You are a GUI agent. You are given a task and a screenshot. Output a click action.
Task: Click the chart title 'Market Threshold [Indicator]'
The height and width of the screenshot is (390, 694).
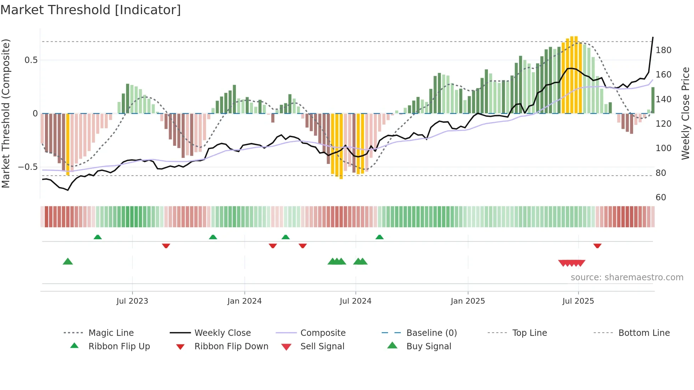[91, 10]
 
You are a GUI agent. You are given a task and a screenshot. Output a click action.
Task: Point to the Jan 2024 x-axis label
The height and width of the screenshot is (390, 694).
[244, 301]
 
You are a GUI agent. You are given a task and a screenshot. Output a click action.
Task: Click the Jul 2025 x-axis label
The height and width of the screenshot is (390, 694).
[578, 301]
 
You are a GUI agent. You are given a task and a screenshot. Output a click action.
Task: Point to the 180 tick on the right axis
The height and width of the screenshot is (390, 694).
[663, 50]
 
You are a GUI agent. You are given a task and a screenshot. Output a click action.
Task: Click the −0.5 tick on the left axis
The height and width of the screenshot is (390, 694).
[28, 167]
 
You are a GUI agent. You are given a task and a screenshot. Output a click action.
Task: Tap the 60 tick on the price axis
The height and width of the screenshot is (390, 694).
[661, 197]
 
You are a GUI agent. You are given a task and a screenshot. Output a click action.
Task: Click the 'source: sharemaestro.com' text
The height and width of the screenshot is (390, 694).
[627, 277]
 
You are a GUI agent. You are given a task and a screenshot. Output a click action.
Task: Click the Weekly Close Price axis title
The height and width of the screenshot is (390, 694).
[686, 113]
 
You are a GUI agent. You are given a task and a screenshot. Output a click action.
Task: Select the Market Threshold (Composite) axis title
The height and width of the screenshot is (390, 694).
[6, 113]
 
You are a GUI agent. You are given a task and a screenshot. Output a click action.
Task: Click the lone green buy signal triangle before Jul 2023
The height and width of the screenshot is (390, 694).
[68, 262]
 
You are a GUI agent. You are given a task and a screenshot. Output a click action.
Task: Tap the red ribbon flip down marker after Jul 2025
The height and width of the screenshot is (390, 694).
[597, 246]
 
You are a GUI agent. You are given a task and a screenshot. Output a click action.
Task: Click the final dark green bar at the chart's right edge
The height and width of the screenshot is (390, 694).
[653, 100]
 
